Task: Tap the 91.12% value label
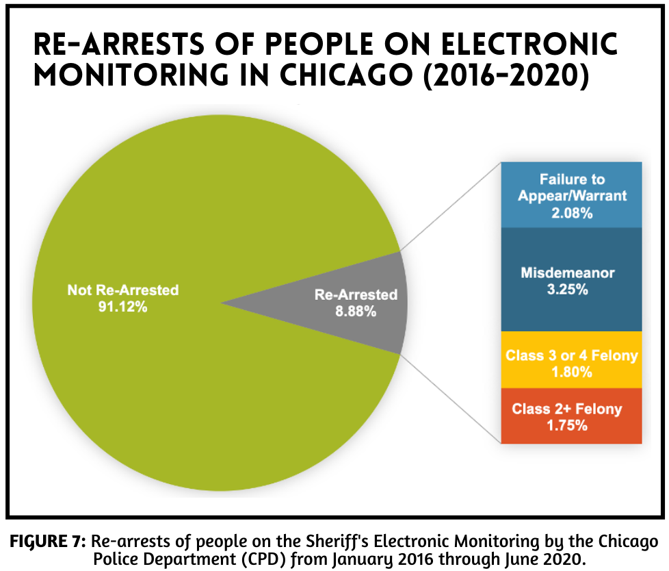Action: [x=123, y=307]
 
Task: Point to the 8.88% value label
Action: [x=356, y=312]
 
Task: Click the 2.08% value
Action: [x=572, y=213]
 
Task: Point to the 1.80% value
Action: [x=572, y=373]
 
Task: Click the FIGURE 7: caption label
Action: [x=47, y=542]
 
